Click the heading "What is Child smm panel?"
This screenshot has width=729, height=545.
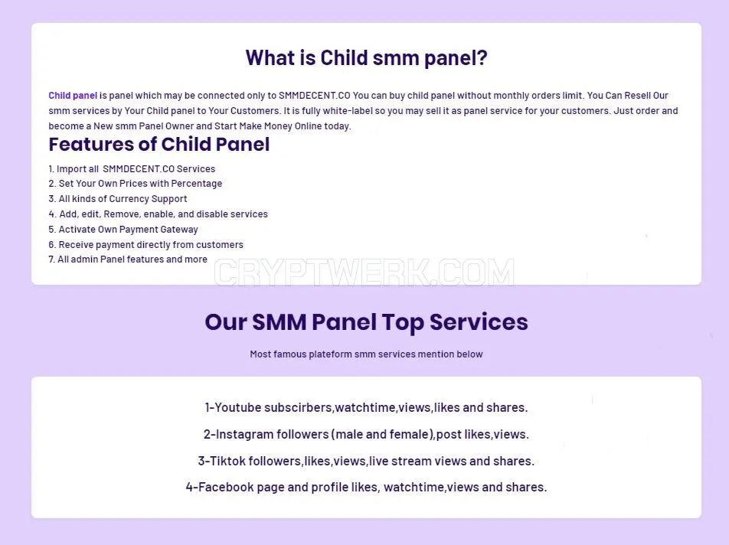pyautogui.click(x=366, y=58)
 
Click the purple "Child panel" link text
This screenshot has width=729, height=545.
pyautogui.click(x=73, y=96)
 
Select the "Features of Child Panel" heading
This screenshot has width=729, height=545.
pyautogui.click(x=159, y=144)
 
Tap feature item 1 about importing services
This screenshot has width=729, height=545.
pyautogui.click(x=132, y=168)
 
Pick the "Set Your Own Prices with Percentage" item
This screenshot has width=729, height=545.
pyautogui.click(x=136, y=184)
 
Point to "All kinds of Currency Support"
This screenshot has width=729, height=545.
pyautogui.click(x=118, y=199)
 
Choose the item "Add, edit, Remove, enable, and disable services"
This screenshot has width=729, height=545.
pyautogui.click(x=158, y=214)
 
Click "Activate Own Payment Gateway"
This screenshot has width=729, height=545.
pyautogui.click(x=123, y=230)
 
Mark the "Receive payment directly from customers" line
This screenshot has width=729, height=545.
pyautogui.click(x=146, y=244)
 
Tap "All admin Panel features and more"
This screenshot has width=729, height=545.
pyautogui.click(x=128, y=259)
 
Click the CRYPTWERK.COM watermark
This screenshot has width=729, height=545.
pyautogui.click(x=364, y=272)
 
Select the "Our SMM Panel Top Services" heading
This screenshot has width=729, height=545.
pyautogui.click(x=366, y=322)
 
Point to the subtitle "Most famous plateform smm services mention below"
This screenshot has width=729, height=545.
pyautogui.click(x=366, y=354)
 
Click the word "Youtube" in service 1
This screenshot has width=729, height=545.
pyautogui.click(x=237, y=407)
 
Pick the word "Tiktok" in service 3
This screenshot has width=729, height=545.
pyautogui.click(x=227, y=461)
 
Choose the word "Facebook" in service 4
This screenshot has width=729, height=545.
pyautogui.click(x=225, y=487)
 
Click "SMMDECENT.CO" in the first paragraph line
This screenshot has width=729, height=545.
pyautogui.click(x=314, y=96)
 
